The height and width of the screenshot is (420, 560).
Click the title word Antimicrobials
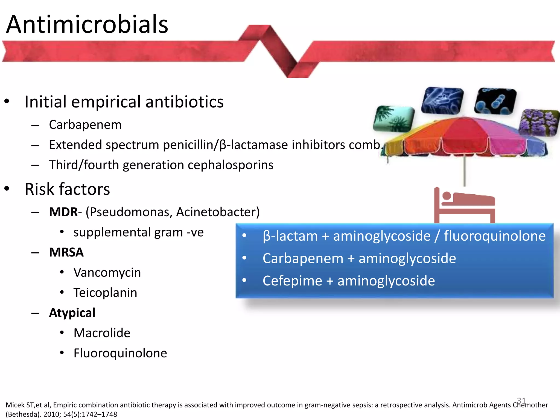pyautogui.click(x=87, y=25)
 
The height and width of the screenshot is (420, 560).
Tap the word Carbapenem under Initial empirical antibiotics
pyautogui.click(x=85, y=125)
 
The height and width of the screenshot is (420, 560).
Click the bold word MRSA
pyautogui.click(x=66, y=252)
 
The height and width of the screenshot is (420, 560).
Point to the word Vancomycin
pyautogui.click(x=107, y=272)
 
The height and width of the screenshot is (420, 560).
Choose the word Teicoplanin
pyautogui.click(x=105, y=293)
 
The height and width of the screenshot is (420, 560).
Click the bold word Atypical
pyautogui.click(x=72, y=313)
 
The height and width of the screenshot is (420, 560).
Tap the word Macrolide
pyautogui.click(x=102, y=333)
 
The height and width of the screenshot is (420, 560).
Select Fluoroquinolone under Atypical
pyautogui.click(x=120, y=353)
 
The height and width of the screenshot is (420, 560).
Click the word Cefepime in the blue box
pyautogui.click(x=292, y=281)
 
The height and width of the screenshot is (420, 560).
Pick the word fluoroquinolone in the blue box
pyautogui.click(x=494, y=236)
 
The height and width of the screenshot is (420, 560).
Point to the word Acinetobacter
pyautogui.click(x=218, y=212)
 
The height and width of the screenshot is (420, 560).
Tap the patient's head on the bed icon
pyautogui.click(x=447, y=196)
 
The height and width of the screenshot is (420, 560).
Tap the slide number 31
pyautogui.click(x=521, y=401)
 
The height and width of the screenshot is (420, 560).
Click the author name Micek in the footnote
pyautogui.click(x=15, y=405)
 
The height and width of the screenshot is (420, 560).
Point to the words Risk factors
pyautogui.click(x=67, y=189)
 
